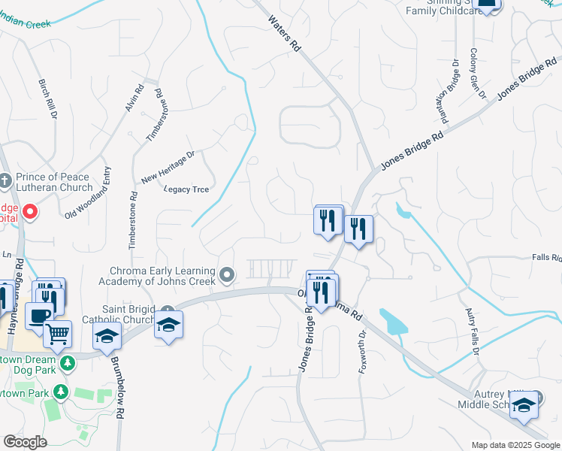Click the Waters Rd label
click(x=284, y=34)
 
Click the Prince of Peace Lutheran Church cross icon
click(x=7, y=180)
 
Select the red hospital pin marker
click(x=30, y=212)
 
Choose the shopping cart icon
click(x=57, y=332)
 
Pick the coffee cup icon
click(x=38, y=316)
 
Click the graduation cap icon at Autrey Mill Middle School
click(x=524, y=405)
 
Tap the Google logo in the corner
click(x=25, y=442)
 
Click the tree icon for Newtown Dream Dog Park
click(x=68, y=364)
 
